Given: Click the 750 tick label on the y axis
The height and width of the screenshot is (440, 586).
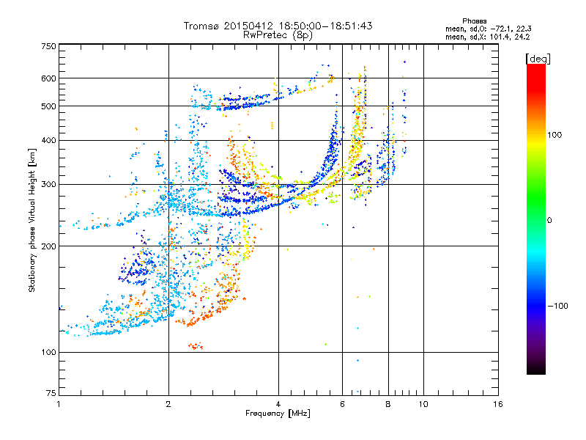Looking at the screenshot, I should [x=49, y=46].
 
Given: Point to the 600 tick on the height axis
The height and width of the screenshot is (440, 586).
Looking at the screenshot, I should [x=49, y=78].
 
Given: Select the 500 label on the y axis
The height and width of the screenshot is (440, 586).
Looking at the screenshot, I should [x=49, y=106].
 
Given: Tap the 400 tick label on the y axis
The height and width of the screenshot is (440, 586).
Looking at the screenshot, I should [x=49, y=140].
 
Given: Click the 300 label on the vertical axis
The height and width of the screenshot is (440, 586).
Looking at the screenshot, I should [x=49, y=184].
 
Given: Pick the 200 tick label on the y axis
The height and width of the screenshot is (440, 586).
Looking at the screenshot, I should [x=49, y=246].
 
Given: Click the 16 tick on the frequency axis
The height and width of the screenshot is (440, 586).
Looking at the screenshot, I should [x=498, y=404].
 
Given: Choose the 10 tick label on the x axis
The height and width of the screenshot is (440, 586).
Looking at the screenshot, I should [x=423, y=404].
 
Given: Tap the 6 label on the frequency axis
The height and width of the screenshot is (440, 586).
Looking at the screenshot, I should [x=342, y=404].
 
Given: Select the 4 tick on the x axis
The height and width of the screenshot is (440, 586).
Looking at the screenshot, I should [x=278, y=404].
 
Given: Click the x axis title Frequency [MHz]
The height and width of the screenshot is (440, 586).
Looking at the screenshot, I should [x=278, y=414].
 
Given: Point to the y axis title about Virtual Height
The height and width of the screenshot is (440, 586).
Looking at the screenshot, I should [x=32, y=220].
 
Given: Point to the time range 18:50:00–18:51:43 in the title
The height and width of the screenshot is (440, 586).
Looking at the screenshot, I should [x=323, y=26].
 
